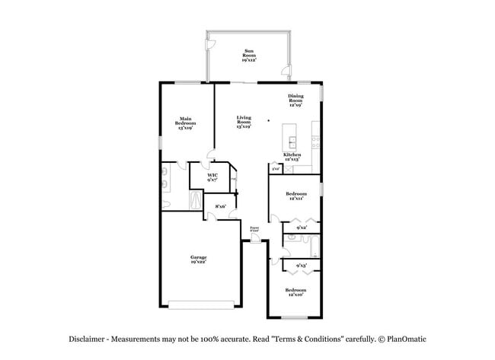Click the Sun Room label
(249, 54)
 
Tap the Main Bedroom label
(185, 123)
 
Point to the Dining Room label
(295, 100)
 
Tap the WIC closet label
(213, 177)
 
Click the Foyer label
(254, 228)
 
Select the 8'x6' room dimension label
(221, 206)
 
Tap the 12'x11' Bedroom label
(295, 196)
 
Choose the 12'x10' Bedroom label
(295, 292)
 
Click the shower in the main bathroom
(196, 200)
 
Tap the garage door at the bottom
(201, 305)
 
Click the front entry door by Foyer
(255, 241)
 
